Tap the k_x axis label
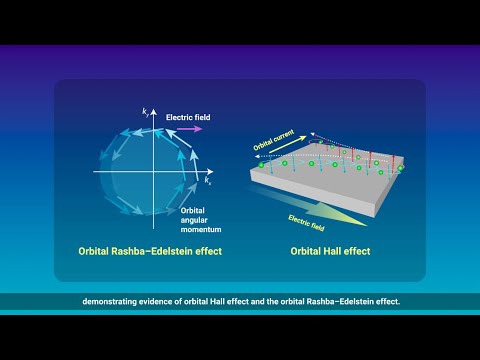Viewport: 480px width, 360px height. (207, 182)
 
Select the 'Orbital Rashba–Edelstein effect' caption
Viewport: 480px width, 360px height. (150, 251)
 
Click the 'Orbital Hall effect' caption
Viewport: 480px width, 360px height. (329, 251)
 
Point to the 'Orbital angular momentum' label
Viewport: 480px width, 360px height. (195, 218)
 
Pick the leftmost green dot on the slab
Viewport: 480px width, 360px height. (262, 164)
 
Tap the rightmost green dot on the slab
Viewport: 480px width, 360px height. (401, 168)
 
